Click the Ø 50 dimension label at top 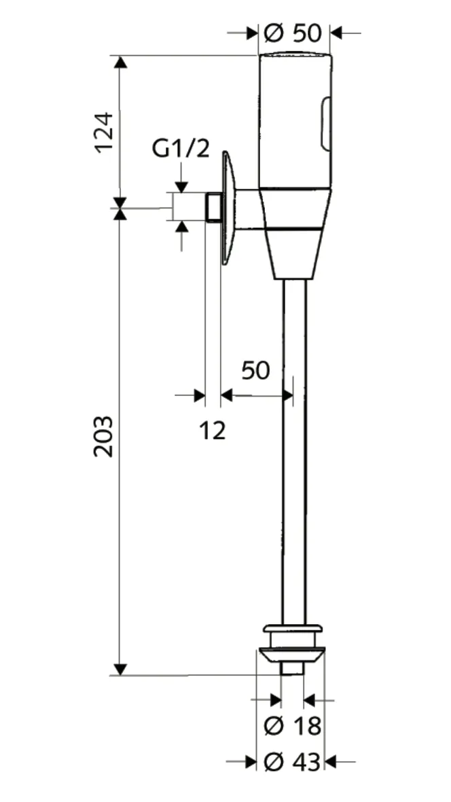point(295,33)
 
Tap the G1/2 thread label point(181,148)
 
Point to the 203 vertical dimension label point(104,435)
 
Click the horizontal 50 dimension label point(255,371)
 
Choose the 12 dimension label point(213,429)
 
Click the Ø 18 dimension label point(291,726)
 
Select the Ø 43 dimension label point(291,763)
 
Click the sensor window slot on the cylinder point(326,124)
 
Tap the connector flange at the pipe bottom point(292,642)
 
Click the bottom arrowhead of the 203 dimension point(120,669)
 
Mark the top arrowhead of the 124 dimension point(120,62)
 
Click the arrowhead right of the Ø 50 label point(338,33)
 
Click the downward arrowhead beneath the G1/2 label point(181,186)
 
